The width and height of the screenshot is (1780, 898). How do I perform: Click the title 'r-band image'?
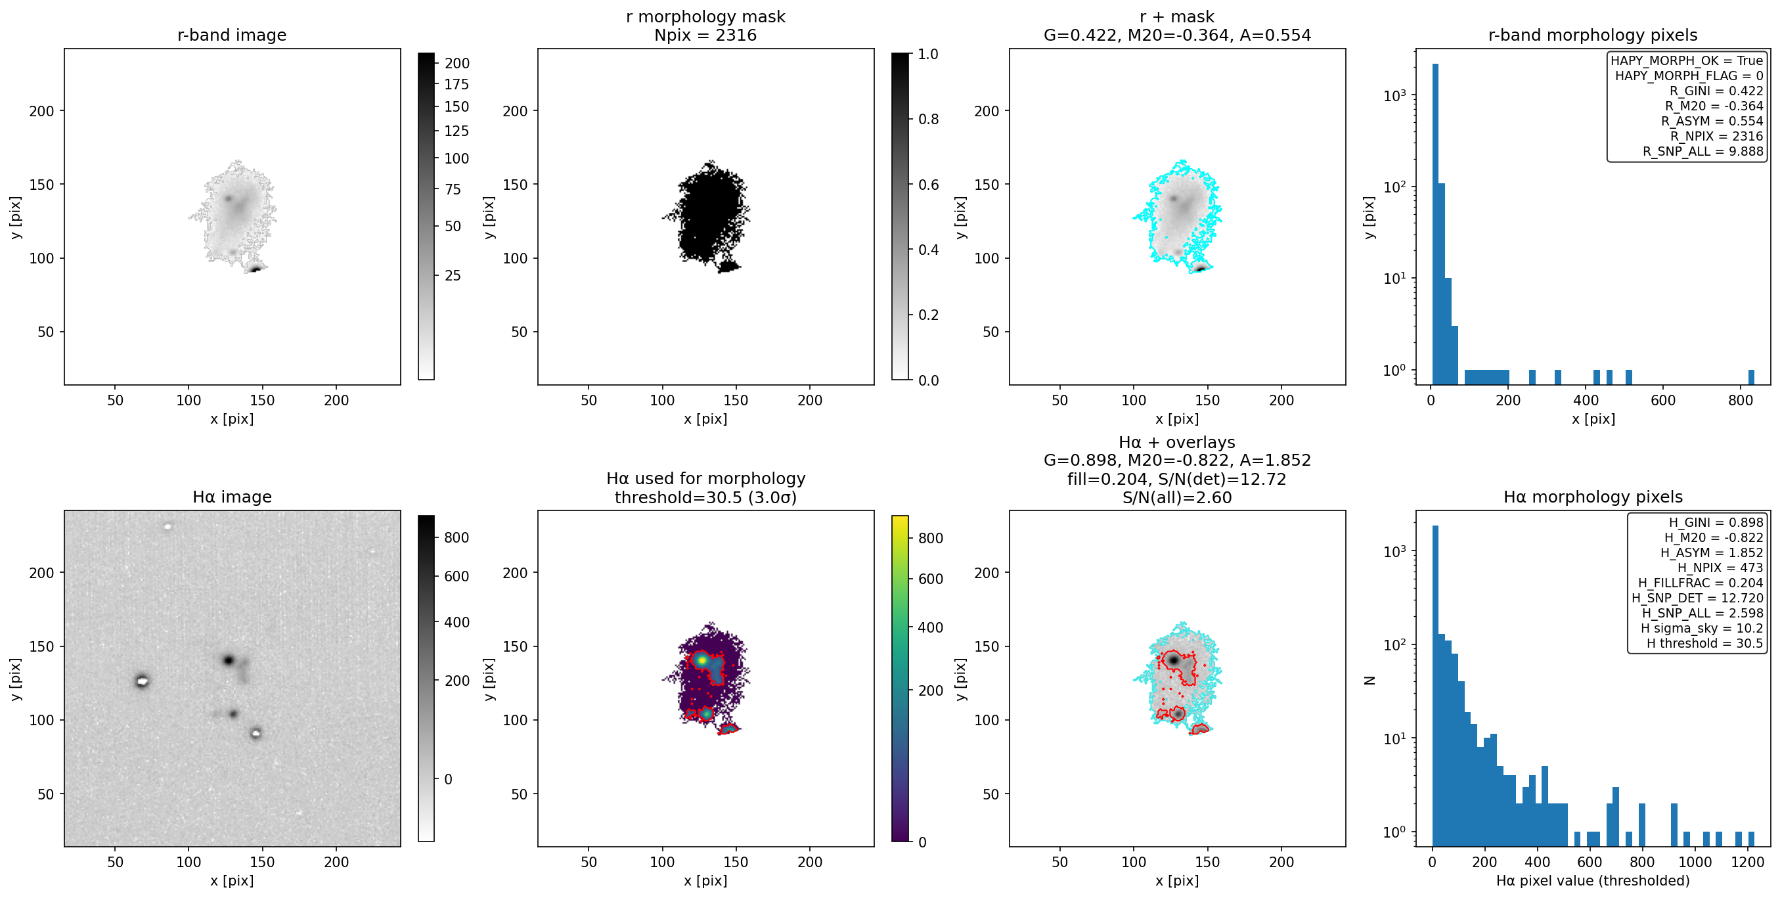tap(231, 35)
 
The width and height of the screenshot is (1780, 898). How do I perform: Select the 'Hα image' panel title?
tap(231, 497)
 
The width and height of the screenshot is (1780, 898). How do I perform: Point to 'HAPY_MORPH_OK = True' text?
tap(1687, 61)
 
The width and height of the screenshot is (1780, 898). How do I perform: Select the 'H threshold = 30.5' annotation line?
tap(1704, 644)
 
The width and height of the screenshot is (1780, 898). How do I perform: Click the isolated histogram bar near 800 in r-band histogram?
tap(1751, 377)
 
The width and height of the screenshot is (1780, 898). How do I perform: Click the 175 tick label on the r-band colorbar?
tap(456, 84)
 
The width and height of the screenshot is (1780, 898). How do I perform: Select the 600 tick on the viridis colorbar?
tap(930, 579)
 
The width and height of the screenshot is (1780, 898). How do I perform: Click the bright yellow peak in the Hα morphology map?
tap(702, 660)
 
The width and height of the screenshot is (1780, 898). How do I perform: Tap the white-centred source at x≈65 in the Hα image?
tap(142, 681)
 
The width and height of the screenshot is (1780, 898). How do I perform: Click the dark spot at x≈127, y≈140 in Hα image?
tap(228, 660)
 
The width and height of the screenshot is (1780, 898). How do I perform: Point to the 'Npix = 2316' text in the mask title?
tap(705, 35)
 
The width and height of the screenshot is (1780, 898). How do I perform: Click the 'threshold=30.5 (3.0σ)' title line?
tap(705, 498)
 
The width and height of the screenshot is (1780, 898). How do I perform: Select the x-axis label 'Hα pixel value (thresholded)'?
tap(1593, 881)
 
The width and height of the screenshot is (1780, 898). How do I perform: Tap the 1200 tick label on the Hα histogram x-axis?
tap(1749, 862)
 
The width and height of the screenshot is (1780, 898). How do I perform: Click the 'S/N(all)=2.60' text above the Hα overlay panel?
tap(1177, 498)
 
